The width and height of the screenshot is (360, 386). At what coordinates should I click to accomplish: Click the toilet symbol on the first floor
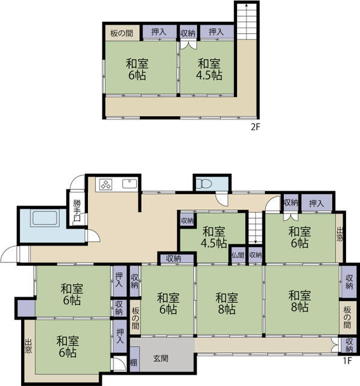click(204, 183)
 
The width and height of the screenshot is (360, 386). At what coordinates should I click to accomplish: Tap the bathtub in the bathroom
click(45, 218)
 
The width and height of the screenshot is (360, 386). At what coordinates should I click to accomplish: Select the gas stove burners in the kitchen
click(106, 185)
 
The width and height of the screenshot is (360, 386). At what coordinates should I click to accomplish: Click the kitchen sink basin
click(130, 183)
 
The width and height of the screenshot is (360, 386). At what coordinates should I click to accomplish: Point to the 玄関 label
click(161, 358)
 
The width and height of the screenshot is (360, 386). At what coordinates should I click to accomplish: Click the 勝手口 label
click(77, 211)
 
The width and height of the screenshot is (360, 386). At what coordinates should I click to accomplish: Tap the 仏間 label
click(238, 255)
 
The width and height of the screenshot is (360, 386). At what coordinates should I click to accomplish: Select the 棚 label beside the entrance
click(133, 362)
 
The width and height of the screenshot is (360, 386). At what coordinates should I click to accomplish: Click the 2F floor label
click(255, 127)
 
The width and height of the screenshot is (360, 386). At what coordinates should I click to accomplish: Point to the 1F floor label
click(347, 361)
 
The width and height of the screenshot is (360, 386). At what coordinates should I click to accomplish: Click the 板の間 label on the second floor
click(122, 33)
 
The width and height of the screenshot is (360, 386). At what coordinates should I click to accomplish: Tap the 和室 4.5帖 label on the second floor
click(209, 69)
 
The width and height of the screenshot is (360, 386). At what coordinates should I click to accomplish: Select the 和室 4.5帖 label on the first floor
click(214, 237)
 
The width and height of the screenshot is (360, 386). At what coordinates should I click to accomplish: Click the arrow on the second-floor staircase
click(247, 22)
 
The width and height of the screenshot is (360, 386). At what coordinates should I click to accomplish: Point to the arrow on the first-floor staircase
click(256, 228)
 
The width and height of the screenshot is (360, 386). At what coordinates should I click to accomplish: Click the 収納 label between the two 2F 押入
click(188, 33)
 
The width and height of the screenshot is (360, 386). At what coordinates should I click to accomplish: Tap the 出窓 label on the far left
click(28, 346)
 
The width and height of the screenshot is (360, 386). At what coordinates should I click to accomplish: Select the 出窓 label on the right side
click(339, 234)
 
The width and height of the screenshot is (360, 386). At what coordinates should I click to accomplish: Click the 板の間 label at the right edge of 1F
click(347, 318)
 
